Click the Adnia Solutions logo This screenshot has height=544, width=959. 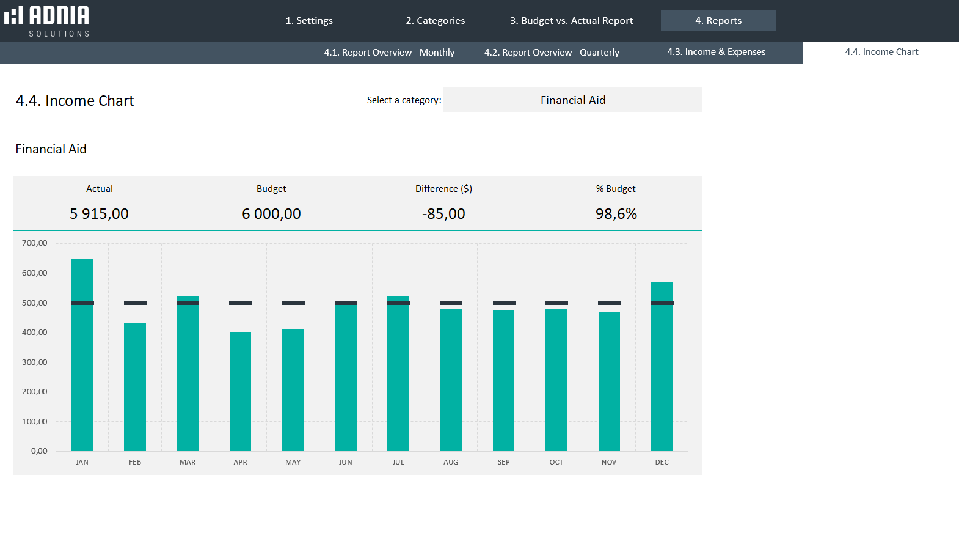(47, 21)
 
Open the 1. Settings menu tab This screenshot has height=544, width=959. (309, 20)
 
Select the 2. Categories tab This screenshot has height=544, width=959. (435, 20)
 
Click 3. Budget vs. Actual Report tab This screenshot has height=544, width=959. (571, 20)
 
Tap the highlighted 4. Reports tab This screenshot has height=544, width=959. (718, 20)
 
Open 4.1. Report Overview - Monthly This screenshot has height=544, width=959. (389, 53)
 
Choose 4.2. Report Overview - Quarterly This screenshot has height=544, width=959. (552, 53)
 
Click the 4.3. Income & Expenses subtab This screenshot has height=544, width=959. (716, 52)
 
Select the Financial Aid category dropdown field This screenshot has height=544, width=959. (572, 100)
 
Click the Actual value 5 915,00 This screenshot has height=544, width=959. (99, 214)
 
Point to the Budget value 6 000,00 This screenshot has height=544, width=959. (271, 214)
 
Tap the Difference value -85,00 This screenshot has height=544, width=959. (443, 214)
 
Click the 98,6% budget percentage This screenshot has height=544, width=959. (616, 214)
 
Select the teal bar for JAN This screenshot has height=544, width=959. (82, 367)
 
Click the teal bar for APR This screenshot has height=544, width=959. (240, 391)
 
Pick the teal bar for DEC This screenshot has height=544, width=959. (662, 379)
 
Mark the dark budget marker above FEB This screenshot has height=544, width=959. (135, 303)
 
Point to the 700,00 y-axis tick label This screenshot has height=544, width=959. (35, 243)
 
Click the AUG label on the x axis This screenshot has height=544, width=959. (451, 462)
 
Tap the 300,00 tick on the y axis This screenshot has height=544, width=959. (35, 362)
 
